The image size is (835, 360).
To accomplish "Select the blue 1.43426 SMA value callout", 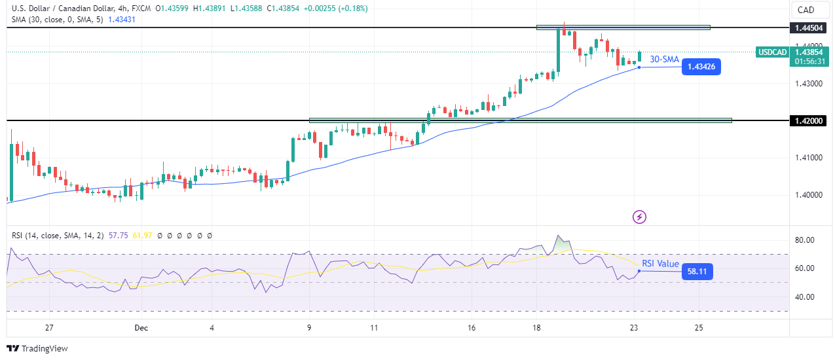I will [701, 67].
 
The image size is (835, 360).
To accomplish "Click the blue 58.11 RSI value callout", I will [697, 272].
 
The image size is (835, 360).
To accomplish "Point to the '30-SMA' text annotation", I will [664, 60].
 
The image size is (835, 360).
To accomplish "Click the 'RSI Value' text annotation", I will [660, 264].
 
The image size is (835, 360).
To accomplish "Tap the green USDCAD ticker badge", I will [772, 52].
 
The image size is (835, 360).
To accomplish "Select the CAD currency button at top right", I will [806, 10].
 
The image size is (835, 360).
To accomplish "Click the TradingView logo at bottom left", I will [37, 349].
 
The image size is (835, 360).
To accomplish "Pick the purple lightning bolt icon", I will [640, 217].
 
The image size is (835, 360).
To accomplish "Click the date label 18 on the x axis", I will [536, 327].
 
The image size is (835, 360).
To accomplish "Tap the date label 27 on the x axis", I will [49, 327].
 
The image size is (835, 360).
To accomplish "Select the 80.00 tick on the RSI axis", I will [804, 240].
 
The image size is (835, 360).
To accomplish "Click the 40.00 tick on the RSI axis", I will [804, 297].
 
